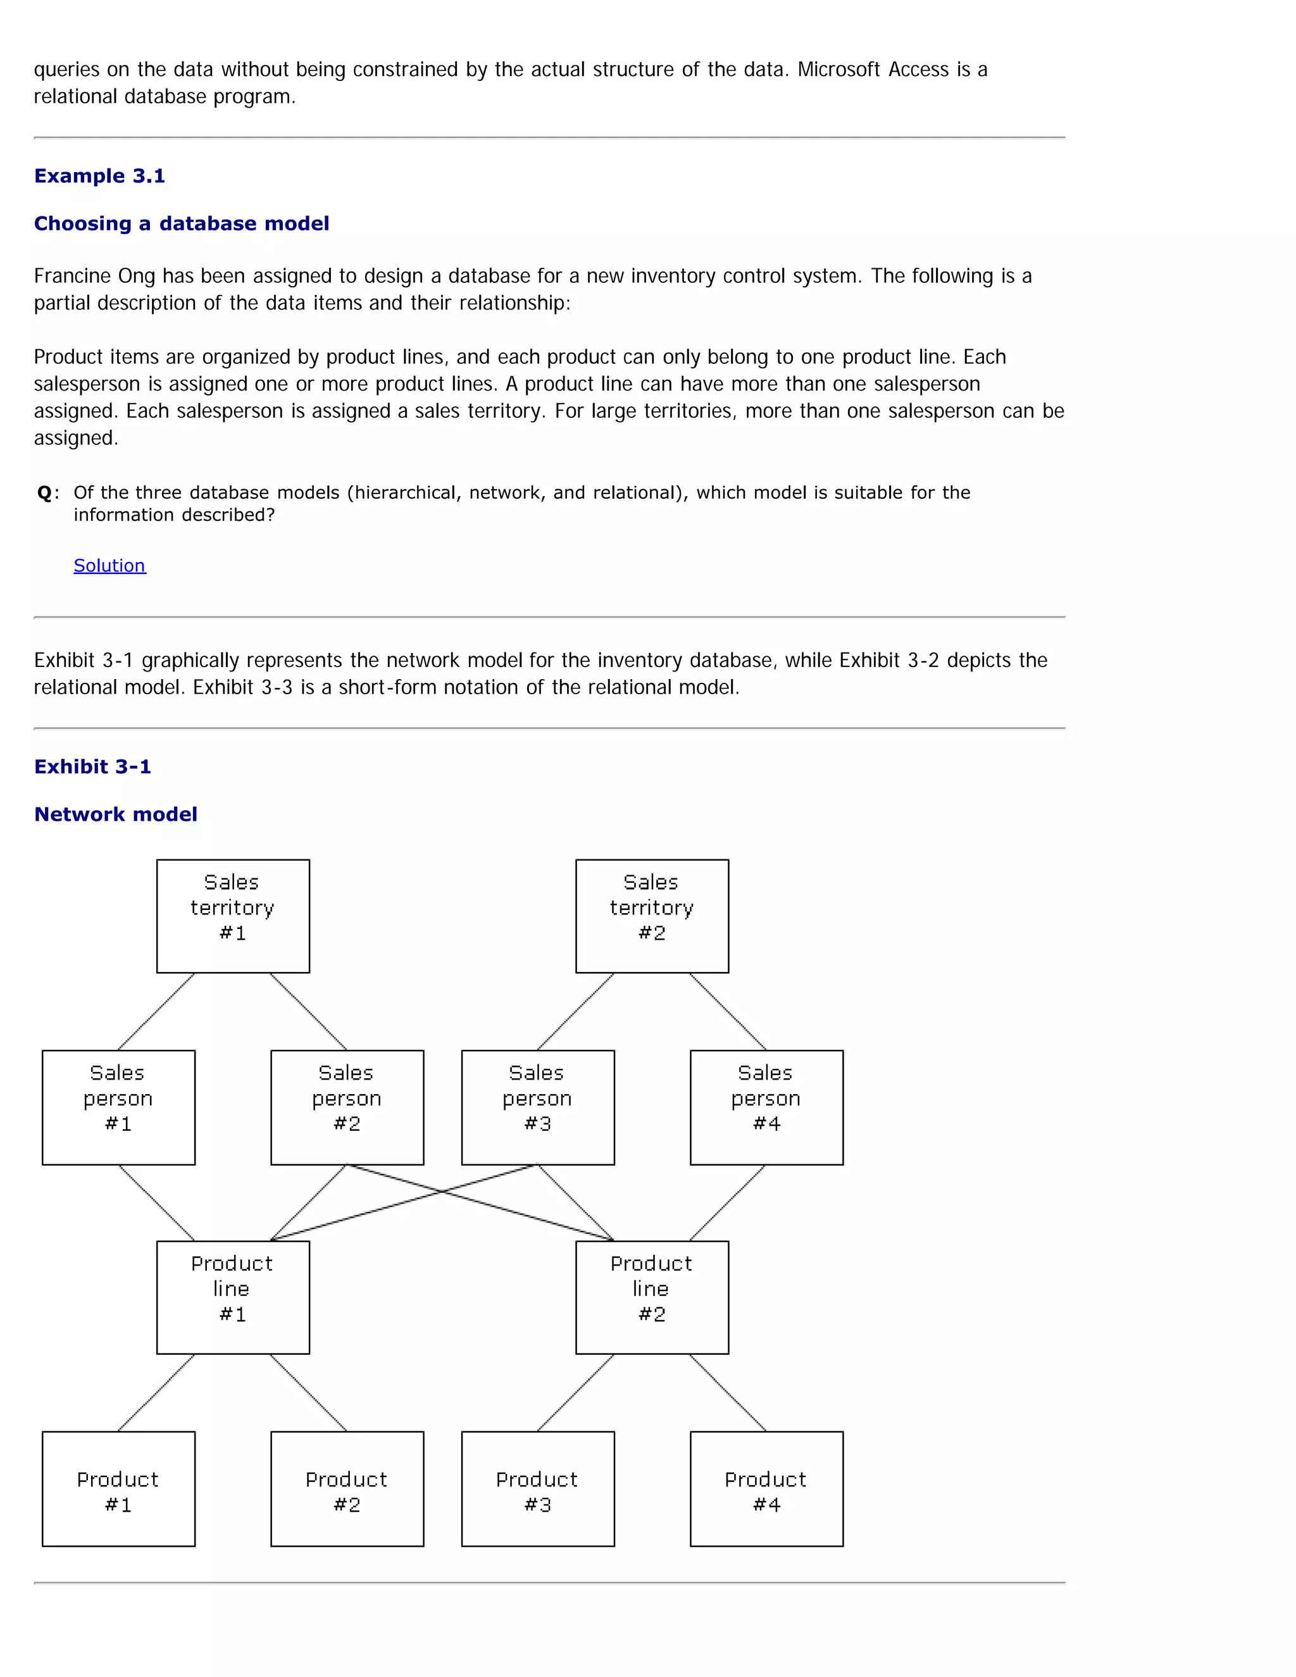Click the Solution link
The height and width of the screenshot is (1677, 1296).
coord(109,566)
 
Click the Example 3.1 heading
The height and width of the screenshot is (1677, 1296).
coord(99,176)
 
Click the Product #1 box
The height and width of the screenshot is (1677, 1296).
coord(118,1488)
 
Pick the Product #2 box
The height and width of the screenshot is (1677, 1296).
coord(347,1488)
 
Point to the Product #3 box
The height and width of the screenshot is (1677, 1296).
coord(537,1488)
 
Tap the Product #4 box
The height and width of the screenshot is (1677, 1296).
coord(766,1488)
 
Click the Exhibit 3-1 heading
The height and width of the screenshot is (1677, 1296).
coord(92,766)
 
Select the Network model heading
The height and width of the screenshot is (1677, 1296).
coord(115,814)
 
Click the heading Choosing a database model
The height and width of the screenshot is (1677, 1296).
coord(181,223)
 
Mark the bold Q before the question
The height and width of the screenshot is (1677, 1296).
coord(44,493)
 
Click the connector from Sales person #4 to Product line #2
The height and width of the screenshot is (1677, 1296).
coord(727,1202)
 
